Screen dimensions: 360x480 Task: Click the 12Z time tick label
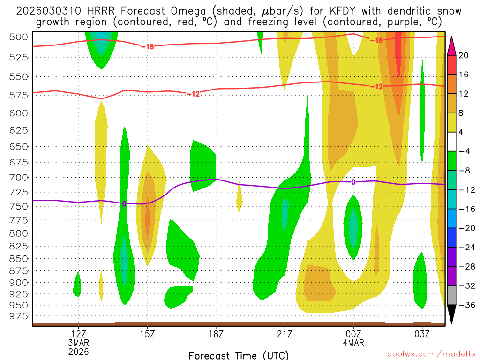click(78, 334)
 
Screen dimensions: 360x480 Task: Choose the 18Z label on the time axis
click(216, 334)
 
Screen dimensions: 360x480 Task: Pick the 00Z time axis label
click(353, 334)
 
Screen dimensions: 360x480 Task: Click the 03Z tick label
click(422, 334)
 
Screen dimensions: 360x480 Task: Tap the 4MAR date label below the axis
click(353, 342)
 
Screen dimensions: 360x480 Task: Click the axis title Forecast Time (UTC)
click(239, 355)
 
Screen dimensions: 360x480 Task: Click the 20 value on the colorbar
click(464, 55)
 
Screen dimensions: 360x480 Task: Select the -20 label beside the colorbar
click(465, 228)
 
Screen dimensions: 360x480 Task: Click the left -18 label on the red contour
click(147, 46)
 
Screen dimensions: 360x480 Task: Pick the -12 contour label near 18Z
click(193, 94)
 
